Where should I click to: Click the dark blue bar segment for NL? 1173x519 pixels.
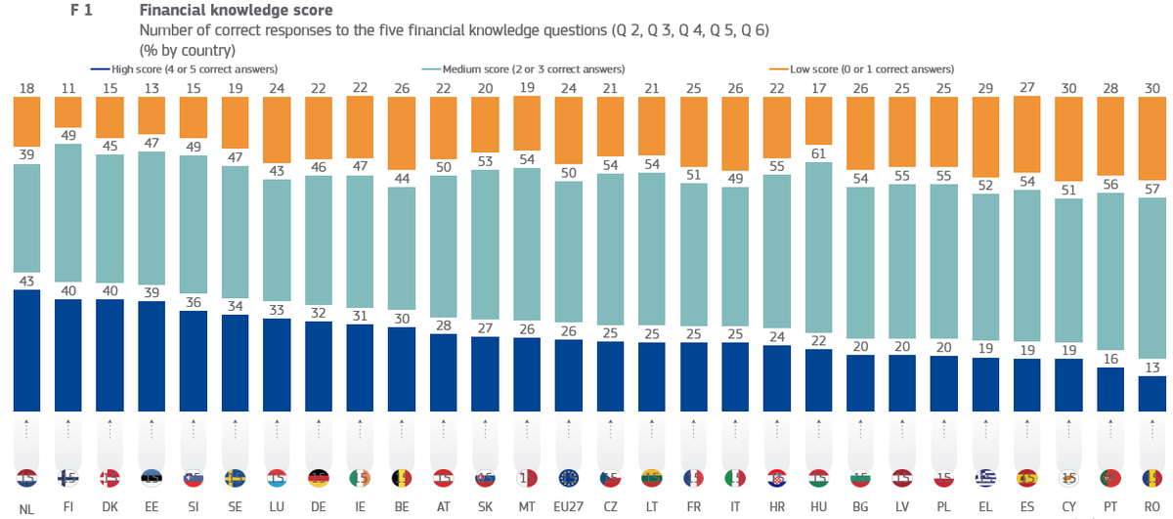(27, 351)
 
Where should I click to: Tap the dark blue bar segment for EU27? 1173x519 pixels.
(568, 375)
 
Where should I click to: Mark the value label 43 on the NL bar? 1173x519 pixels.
(27, 281)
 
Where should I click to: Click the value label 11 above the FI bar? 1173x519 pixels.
(68, 88)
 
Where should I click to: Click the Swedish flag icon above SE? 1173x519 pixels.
(236, 479)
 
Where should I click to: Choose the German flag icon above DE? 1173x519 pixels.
(319, 479)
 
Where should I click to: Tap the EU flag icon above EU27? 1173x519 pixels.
(568, 479)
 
